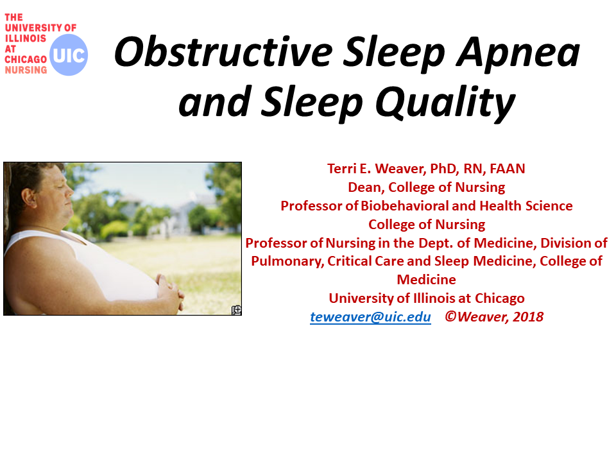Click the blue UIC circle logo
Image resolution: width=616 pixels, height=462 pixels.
pos(69,55)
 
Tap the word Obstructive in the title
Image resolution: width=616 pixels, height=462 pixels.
pos(223,52)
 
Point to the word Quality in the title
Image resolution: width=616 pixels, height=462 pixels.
pos(445,103)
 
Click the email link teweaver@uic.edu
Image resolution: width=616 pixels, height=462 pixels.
pos(370,316)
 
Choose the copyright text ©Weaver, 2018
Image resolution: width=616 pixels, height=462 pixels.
pos(494,316)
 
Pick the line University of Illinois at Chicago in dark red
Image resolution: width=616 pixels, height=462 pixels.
pos(427,298)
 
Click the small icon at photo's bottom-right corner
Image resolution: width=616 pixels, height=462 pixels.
pos(237,311)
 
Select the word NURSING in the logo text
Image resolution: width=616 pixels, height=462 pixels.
pos(26,70)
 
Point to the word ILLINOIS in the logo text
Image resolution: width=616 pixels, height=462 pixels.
pos(26,38)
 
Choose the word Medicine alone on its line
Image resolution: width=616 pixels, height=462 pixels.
pos(426,280)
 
